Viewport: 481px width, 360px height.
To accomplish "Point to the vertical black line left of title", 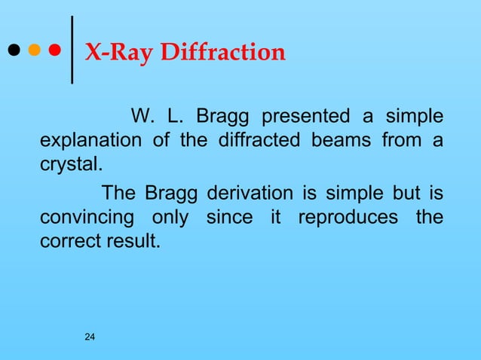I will [72, 50].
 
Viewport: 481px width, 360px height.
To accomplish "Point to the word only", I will [170, 218].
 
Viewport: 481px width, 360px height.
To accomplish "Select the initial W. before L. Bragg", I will [142, 118].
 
